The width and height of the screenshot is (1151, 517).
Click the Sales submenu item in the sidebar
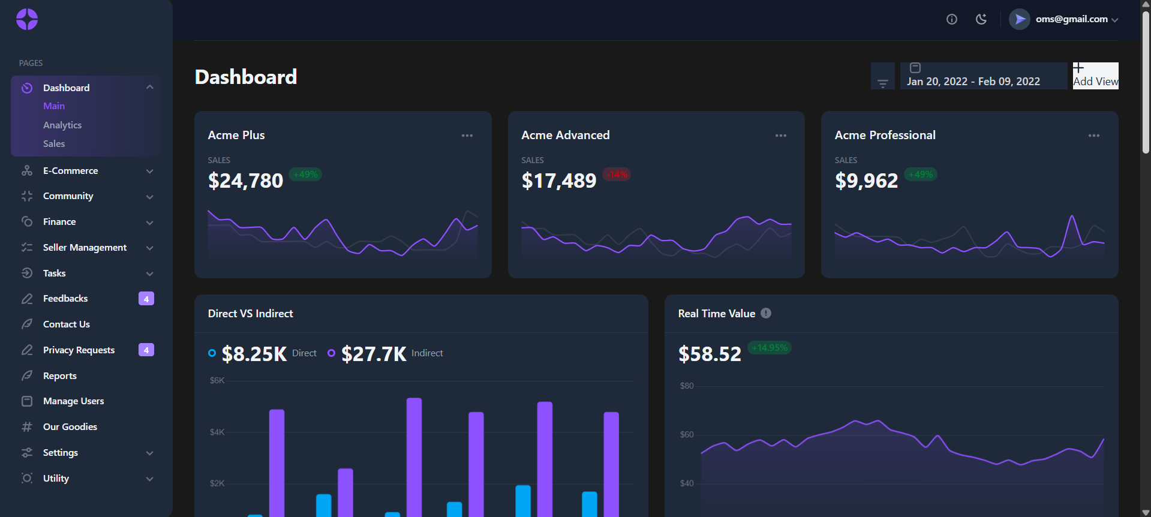pos(54,144)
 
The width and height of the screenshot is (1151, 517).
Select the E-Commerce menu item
pos(70,171)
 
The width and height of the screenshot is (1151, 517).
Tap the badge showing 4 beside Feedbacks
pos(146,299)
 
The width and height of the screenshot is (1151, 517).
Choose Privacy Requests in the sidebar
pos(79,350)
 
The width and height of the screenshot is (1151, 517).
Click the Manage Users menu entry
pos(73,401)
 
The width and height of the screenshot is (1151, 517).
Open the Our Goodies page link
pos(70,427)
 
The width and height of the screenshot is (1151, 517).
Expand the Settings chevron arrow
pos(150,453)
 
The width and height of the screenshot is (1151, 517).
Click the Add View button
pos(1096,76)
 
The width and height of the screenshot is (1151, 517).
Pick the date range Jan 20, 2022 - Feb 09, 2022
pos(973,82)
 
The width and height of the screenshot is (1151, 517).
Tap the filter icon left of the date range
pos(883,83)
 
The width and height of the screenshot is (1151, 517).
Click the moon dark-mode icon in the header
pos(981,19)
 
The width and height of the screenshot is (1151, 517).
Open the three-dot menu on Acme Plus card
pos(467,136)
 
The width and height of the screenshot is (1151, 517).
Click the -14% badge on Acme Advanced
pos(617,175)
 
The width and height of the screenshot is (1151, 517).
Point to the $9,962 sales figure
pos(867,181)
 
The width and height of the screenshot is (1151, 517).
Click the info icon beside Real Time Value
pos(766,313)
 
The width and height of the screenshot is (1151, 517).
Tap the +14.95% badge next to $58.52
pos(770,348)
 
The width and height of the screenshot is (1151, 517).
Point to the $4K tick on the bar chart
pos(217,432)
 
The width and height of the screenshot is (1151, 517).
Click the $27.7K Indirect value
pos(374,354)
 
